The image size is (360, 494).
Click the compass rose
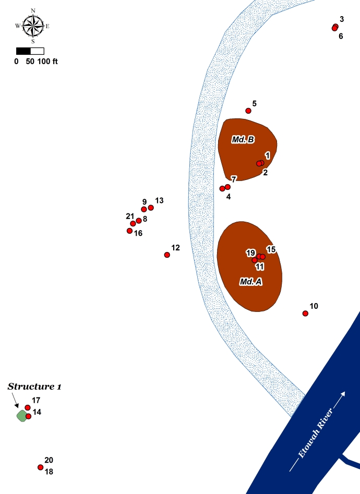click(x=33, y=26)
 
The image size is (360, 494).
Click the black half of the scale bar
click(x=23, y=51)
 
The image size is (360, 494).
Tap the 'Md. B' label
click(x=243, y=139)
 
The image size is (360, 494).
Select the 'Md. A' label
click(x=250, y=281)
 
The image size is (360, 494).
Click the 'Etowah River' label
click(x=315, y=433)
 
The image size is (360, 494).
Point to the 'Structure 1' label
click(x=34, y=387)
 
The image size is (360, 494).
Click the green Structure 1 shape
click(x=22, y=416)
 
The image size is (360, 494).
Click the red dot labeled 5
click(x=248, y=111)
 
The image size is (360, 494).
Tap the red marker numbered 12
click(x=167, y=255)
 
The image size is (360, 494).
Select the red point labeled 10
click(x=305, y=314)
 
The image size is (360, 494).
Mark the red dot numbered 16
click(x=129, y=231)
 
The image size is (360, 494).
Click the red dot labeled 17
click(x=28, y=408)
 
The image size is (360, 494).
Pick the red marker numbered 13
click(x=151, y=208)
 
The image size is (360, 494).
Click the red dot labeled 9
click(x=144, y=210)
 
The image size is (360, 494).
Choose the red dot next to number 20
click(x=40, y=467)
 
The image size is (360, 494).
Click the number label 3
click(x=342, y=19)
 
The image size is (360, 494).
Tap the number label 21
click(x=130, y=216)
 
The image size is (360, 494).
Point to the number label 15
click(x=271, y=249)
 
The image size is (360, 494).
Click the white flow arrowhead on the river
click(x=343, y=394)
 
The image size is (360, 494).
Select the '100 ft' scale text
click(x=47, y=62)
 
